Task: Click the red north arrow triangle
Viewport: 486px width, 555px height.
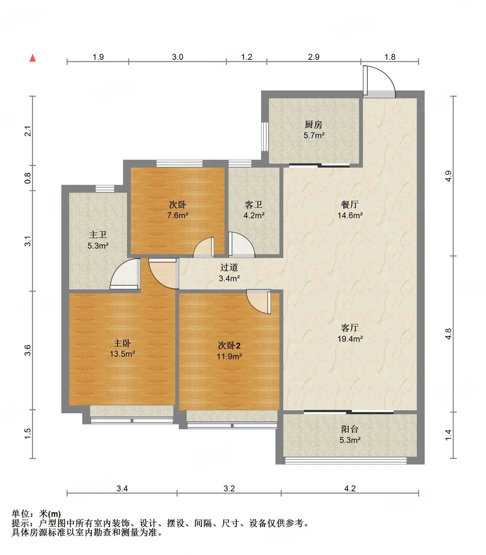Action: click(32, 58)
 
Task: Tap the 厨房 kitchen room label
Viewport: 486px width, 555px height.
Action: click(313, 124)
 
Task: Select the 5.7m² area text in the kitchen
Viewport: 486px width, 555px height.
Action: click(314, 135)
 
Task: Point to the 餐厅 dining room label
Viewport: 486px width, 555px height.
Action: click(350, 205)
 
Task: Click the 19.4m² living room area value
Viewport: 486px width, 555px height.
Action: click(350, 339)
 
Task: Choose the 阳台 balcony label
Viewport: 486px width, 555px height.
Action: click(350, 429)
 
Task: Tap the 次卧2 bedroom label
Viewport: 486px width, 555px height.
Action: click(229, 346)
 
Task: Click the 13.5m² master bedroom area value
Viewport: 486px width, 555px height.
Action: click(122, 354)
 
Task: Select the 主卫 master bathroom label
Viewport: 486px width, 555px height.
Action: click(98, 235)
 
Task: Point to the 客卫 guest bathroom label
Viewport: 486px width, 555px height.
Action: click(254, 205)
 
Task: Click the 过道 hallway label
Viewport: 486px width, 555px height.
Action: click(229, 268)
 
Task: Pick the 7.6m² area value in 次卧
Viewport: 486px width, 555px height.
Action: click(178, 215)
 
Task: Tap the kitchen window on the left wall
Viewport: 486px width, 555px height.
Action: click(265, 136)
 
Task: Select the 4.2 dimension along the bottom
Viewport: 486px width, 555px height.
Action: click(350, 488)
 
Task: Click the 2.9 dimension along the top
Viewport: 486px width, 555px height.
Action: click(314, 57)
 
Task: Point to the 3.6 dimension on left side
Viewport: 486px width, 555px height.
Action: click(27, 350)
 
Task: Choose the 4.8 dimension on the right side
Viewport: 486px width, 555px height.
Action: click(448, 334)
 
